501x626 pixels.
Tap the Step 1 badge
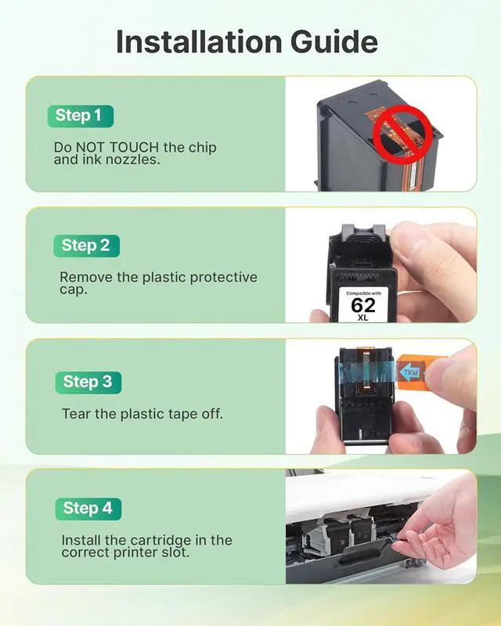click(x=78, y=116)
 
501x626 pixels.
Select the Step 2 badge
click(x=85, y=245)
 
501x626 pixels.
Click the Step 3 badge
click(x=88, y=382)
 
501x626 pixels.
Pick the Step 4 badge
click(x=88, y=508)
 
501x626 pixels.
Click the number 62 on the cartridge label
click(x=362, y=304)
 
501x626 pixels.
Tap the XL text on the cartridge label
click(x=362, y=318)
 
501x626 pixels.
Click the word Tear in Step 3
click(x=77, y=413)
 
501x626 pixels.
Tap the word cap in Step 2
click(x=72, y=290)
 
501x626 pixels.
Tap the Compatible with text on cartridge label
click(x=362, y=293)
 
